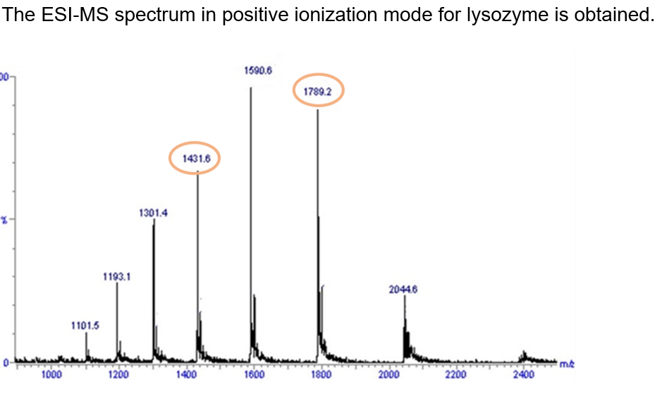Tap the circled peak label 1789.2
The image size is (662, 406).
(x=318, y=92)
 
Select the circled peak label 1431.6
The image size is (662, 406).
(x=195, y=159)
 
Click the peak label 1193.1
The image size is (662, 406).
(x=117, y=277)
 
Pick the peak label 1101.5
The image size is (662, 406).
(x=85, y=325)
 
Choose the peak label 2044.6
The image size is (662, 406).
(x=403, y=289)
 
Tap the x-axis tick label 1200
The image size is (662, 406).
(x=118, y=375)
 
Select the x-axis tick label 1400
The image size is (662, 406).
(x=186, y=375)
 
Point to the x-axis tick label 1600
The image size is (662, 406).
(x=254, y=375)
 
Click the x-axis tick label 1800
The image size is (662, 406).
(x=321, y=375)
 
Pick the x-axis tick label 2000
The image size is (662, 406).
(x=389, y=375)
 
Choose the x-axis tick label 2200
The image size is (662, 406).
(x=456, y=375)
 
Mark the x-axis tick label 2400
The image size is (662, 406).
(x=524, y=375)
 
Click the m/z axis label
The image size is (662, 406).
(x=566, y=364)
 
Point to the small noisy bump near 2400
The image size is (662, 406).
(x=523, y=355)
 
